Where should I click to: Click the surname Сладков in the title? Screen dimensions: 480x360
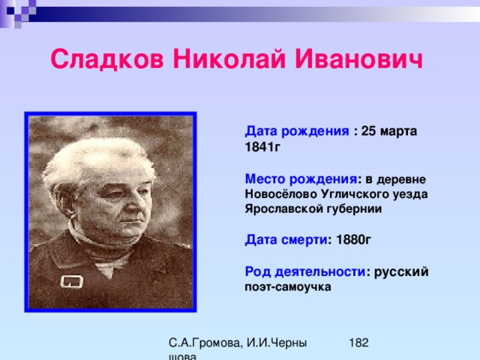pos(107,59)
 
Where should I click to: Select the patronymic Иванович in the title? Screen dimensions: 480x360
pos(358,59)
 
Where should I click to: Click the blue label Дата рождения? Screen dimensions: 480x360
pos(297,131)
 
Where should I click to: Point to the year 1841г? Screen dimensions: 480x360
pos(262,147)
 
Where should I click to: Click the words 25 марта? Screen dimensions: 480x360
pos(389,131)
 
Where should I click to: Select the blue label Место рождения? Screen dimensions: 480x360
pos(301,179)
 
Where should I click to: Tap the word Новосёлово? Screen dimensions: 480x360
pos(280,193)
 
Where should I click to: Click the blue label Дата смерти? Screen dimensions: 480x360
pos(286,240)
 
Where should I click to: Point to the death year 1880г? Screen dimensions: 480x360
pos(353,240)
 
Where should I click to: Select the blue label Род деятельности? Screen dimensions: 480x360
pos(305,271)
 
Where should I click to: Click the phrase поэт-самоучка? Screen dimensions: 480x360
pos(288,287)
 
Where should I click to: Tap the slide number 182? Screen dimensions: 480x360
pos(358,343)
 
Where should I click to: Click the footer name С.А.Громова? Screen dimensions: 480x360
pos(205,343)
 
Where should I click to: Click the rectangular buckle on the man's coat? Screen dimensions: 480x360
pos(72,282)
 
